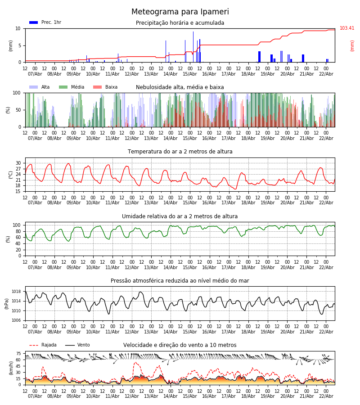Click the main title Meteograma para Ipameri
point(180,12)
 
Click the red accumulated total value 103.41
point(347,28)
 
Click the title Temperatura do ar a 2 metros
point(180,152)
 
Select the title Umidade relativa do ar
point(180,216)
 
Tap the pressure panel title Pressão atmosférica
point(180,281)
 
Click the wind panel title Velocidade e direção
point(180,345)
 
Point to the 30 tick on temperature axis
point(18,163)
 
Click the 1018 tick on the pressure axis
point(17,292)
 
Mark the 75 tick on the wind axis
point(18,354)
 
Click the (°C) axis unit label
point(10,175)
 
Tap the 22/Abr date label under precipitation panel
point(326,74)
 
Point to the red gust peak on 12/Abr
point(135,363)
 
